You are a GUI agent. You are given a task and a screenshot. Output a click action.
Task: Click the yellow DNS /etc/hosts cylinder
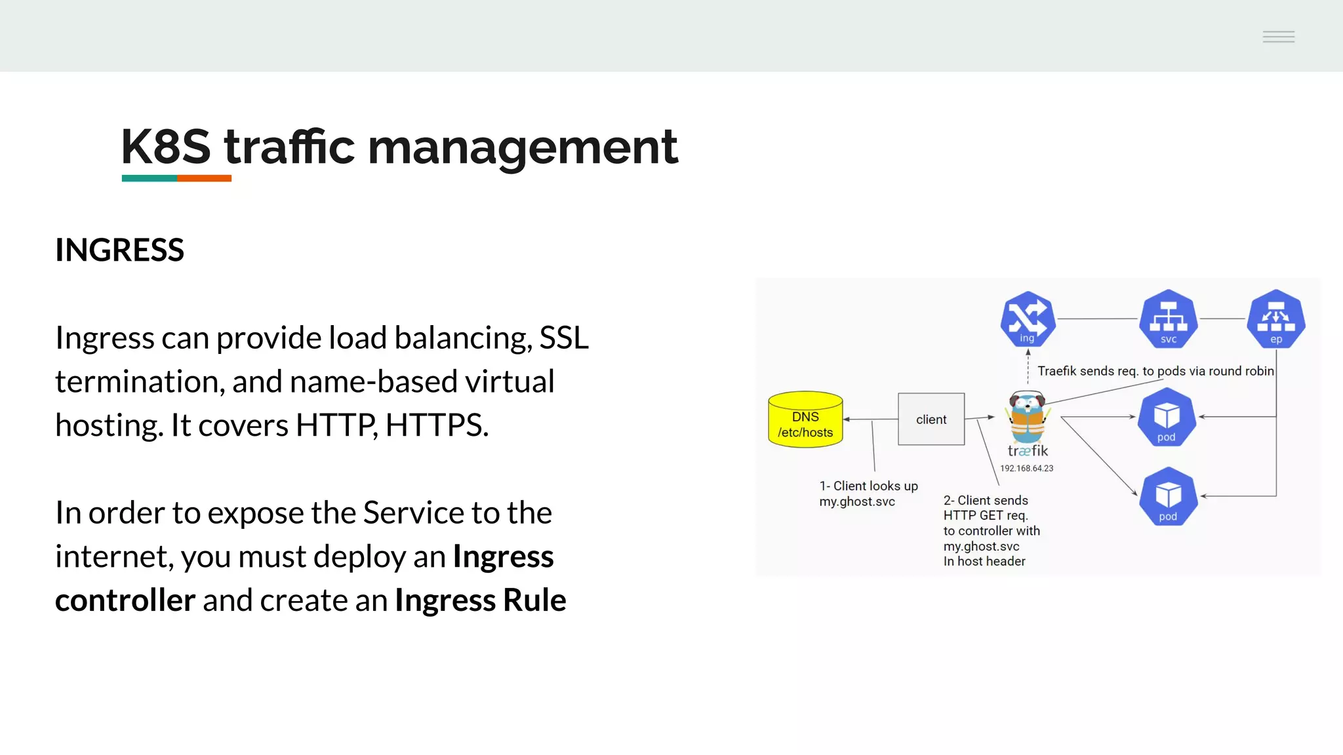pos(805,420)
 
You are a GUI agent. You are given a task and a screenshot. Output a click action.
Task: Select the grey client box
pos(931,419)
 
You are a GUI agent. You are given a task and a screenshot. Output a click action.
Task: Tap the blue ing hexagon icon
pos(1028,319)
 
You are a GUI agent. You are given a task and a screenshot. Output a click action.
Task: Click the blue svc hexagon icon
pos(1168,319)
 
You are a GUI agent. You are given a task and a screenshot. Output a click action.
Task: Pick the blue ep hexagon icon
pos(1275,319)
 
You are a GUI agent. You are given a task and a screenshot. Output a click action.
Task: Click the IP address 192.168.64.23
pos(1026,469)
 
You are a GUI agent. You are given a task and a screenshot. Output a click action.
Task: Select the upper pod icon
pos(1167,417)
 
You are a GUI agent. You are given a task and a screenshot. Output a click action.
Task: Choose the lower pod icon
pos(1168,496)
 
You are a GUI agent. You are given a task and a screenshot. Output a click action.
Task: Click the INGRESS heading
pos(119,250)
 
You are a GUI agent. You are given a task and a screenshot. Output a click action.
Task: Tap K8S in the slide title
pos(166,147)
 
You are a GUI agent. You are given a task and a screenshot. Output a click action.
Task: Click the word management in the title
pos(523,147)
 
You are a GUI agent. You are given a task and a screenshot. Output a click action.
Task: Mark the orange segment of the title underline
pos(204,178)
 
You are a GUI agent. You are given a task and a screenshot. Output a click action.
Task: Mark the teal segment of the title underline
pos(150,178)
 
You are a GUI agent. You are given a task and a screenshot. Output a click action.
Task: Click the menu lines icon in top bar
pos(1278,37)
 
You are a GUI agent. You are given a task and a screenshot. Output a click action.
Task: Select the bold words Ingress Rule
pos(480,600)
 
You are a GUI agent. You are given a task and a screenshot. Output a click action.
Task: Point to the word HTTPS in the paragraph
pos(436,425)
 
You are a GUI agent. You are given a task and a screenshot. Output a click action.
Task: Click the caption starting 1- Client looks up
pos(868,494)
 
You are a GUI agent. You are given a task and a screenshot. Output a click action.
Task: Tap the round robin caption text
pos(1155,371)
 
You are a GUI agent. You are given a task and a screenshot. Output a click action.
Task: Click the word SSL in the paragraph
pos(564,338)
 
